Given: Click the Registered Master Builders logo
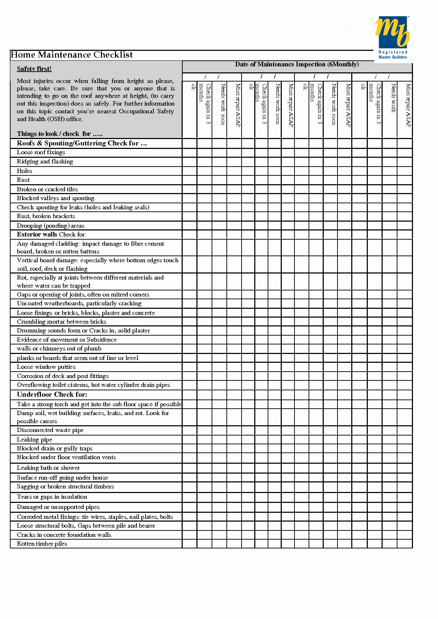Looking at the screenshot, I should tap(392, 37).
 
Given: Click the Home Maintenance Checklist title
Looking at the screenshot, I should tap(72, 55).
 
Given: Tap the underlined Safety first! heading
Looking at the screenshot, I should tap(34, 69).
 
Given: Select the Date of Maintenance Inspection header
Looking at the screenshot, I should tap(297, 64).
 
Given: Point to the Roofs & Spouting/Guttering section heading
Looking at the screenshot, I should tap(82, 143).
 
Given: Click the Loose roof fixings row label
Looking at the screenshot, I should tap(41, 152).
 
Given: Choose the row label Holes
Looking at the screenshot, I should tap(24, 171).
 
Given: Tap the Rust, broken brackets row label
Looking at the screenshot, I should tap(46, 216).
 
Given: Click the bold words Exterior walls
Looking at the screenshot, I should tap(37, 234).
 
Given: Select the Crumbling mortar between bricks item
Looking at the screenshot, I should tap(61, 321).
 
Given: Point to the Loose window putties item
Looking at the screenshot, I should tap(46, 367).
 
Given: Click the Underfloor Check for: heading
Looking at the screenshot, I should tap(52, 395).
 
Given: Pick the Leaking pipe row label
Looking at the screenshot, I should tap(35, 439).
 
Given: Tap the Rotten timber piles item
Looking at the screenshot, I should tap(42, 543).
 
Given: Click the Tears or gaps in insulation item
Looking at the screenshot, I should tap(52, 497).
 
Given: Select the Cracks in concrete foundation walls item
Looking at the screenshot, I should tap(64, 535).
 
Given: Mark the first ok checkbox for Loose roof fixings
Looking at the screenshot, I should tap(189, 153).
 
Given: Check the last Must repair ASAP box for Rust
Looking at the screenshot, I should tap(404, 180).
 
